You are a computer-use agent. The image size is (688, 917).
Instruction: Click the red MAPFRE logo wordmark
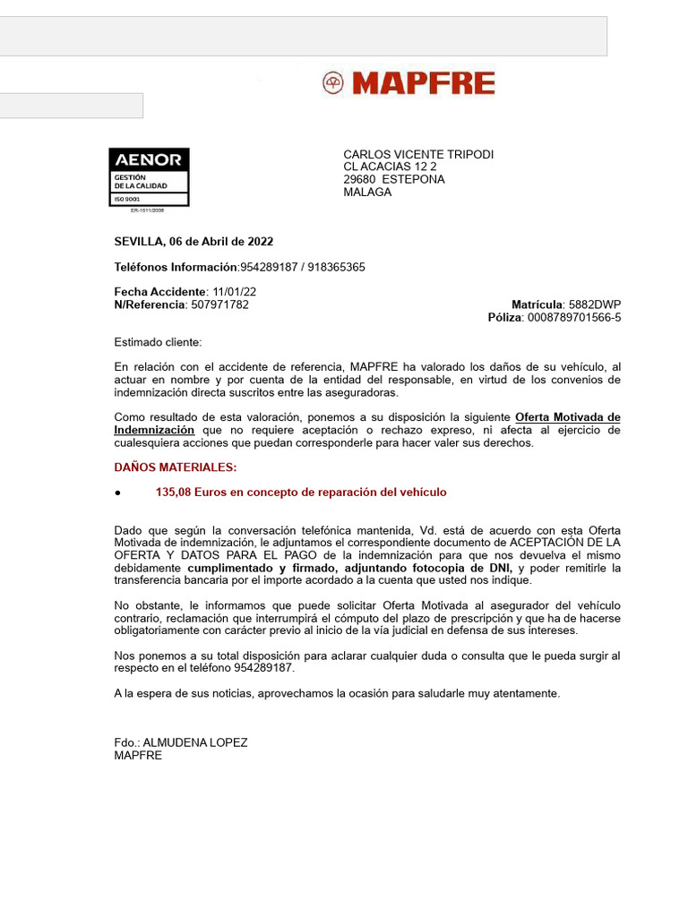click(423, 84)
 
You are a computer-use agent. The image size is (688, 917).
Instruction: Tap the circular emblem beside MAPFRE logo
click(333, 84)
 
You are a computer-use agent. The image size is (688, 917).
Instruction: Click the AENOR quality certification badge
click(149, 177)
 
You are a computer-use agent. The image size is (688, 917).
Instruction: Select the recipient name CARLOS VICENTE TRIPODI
click(418, 155)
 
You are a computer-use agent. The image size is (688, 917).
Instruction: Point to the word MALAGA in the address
click(367, 192)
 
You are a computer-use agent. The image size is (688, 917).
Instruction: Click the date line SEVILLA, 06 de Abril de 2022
click(193, 242)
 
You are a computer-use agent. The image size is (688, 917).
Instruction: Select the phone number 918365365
click(338, 268)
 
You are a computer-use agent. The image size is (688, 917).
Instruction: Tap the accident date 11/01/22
click(235, 292)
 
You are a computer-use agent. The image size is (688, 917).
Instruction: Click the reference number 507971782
click(219, 304)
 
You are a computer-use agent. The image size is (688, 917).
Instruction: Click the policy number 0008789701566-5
click(574, 317)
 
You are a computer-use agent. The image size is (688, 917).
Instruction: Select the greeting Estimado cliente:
click(159, 342)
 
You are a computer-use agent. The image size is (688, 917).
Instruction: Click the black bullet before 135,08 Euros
click(117, 493)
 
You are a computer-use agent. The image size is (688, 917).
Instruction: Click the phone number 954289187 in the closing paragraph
click(264, 668)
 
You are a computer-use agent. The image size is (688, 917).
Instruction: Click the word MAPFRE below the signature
click(138, 755)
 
